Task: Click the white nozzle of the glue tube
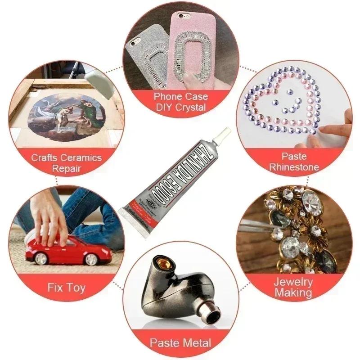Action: (x=224, y=135)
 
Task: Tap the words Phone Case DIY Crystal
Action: (x=180, y=102)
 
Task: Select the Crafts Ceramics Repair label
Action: (x=66, y=163)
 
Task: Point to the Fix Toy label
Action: (x=66, y=287)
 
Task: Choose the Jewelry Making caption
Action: (x=294, y=288)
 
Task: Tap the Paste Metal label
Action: (x=180, y=343)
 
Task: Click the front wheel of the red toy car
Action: (x=92, y=259)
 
